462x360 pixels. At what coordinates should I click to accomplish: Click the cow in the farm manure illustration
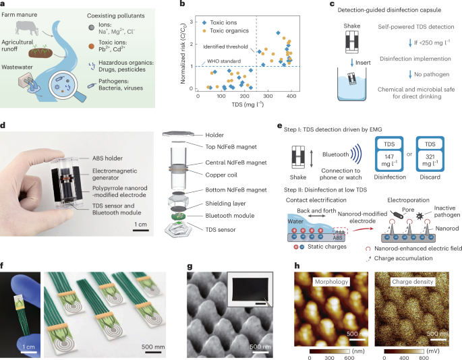[27, 28]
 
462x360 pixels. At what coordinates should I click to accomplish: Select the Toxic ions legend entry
[219, 22]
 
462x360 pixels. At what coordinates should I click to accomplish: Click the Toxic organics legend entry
[225, 30]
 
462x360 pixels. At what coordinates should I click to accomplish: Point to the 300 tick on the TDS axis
[268, 96]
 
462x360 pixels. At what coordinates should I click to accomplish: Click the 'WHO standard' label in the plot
[224, 61]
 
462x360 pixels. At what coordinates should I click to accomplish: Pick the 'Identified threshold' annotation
[225, 47]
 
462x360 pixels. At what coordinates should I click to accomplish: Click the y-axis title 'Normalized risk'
[183, 53]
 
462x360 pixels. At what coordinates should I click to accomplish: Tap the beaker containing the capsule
[352, 84]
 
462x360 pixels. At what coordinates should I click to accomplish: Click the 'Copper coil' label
[221, 175]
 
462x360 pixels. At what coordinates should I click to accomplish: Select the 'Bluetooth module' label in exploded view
[230, 216]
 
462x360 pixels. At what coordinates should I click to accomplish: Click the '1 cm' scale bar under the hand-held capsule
[140, 229]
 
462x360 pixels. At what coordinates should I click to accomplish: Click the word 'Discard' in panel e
[430, 177]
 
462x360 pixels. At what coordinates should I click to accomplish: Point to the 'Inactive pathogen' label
[446, 212]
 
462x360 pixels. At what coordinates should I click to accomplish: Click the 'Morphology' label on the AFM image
[331, 282]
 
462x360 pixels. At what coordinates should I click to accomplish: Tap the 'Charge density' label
[413, 282]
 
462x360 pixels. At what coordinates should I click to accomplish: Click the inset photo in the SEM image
[250, 290]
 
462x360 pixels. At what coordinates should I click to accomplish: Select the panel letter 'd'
[3, 125]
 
